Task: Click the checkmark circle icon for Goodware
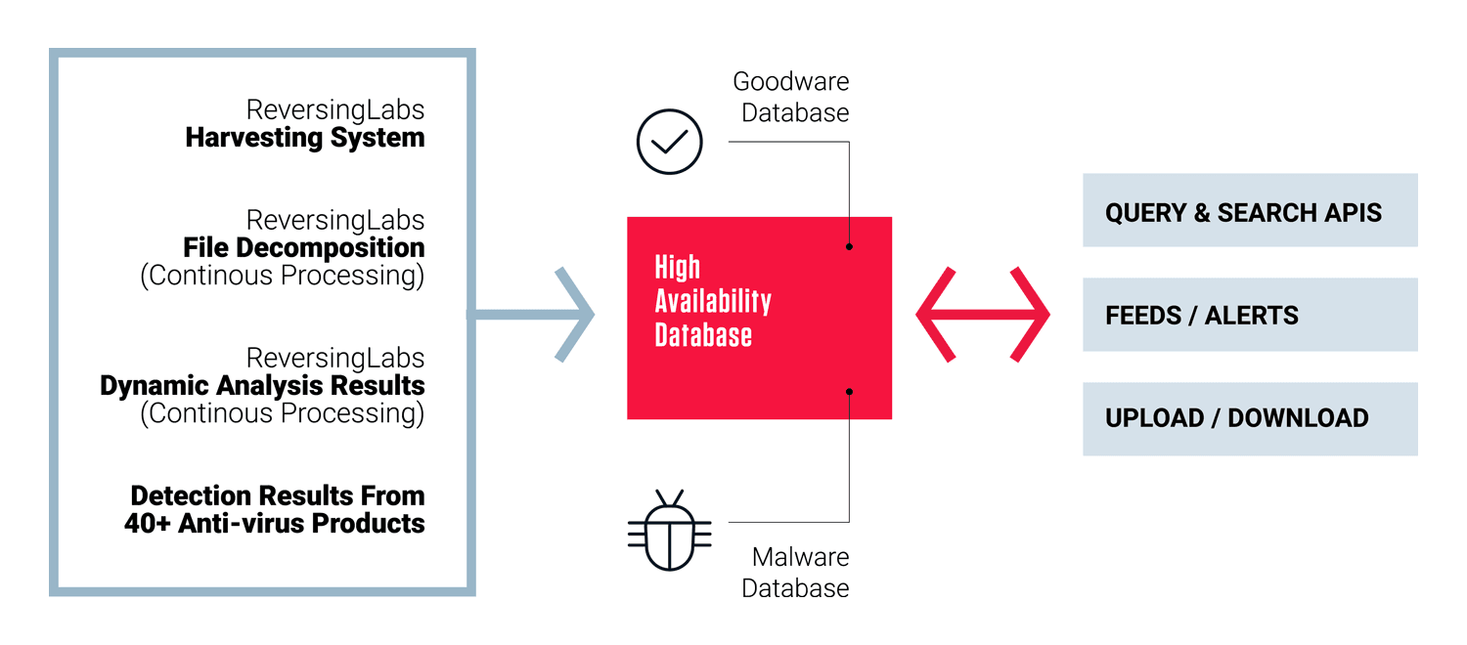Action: [669, 142]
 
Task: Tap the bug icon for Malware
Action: [669, 531]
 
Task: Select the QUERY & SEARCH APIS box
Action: [1249, 210]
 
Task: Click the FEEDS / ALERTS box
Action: [1249, 315]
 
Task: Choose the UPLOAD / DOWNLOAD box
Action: [1249, 418]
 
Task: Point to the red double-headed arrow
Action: [983, 315]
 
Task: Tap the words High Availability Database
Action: [712, 301]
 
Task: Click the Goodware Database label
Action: [792, 97]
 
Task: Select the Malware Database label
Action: [796, 573]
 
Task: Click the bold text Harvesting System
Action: [305, 138]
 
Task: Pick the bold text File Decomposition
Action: [304, 248]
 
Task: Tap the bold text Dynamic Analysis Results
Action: [262, 386]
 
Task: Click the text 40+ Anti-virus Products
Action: [274, 524]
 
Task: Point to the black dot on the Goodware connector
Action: [849, 246]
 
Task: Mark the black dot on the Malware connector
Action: [849, 392]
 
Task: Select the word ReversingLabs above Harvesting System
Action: [335, 109]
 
